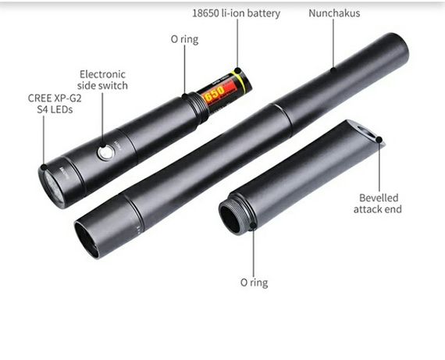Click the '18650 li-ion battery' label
236,13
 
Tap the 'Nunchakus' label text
334,13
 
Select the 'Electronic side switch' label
102,80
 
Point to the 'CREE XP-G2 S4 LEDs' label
55,104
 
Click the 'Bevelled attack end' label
378,203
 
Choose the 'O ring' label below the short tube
254,283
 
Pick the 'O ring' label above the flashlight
184,39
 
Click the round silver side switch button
106,152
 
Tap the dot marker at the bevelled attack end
379,140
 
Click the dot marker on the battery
238,70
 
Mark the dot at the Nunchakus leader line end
333,69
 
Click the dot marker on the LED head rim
44,167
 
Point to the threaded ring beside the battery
198,107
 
